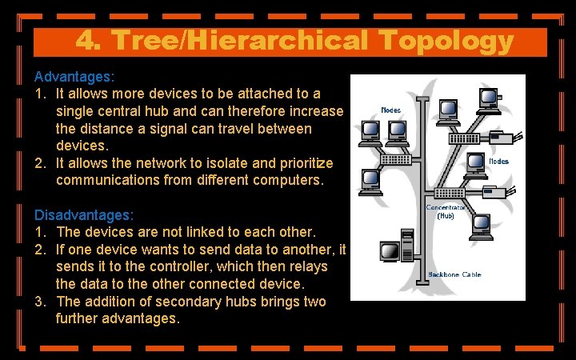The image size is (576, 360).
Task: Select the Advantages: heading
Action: point(74,77)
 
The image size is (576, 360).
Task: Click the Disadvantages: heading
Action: point(84,214)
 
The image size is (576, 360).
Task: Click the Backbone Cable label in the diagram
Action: point(455,274)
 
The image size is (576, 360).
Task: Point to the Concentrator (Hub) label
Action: point(446,211)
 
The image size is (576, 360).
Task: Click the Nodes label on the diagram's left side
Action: point(391,110)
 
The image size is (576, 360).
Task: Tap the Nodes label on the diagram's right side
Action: point(498,162)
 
